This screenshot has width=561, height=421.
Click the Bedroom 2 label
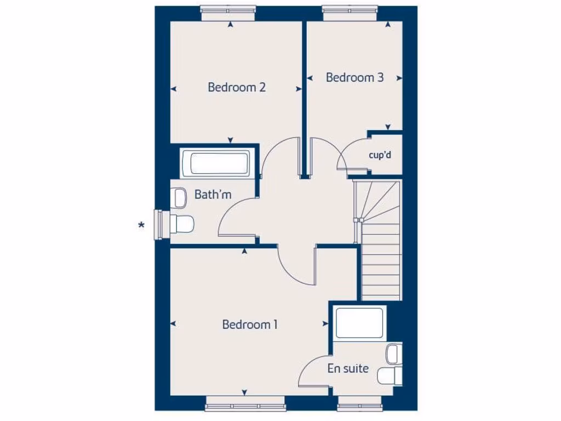(x=237, y=87)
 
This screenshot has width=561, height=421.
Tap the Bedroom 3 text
(x=354, y=77)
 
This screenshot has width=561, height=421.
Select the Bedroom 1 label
(x=250, y=325)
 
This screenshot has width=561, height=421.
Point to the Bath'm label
(x=213, y=195)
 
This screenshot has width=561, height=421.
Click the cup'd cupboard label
(x=380, y=155)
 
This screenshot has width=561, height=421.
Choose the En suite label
(x=348, y=368)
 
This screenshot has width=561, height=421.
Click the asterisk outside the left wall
(x=142, y=225)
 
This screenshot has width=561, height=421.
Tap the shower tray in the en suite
(x=359, y=323)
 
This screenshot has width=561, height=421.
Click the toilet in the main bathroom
(x=181, y=224)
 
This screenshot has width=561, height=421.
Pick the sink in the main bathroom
(x=179, y=198)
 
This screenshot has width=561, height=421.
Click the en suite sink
(x=392, y=354)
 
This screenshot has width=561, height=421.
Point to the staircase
(x=379, y=241)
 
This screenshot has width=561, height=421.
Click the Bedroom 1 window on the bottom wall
(x=245, y=406)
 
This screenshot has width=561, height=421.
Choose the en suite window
(x=358, y=406)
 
